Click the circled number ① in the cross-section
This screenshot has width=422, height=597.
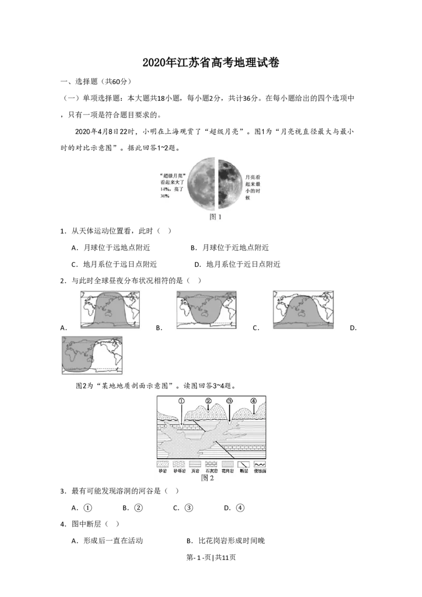(181, 401)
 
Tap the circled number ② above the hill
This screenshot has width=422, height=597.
(208, 401)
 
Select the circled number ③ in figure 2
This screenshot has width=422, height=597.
(229, 401)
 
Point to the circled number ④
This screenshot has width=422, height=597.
(254, 401)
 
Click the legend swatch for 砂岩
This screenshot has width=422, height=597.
(162, 465)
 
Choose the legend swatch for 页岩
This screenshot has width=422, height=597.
(195, 465)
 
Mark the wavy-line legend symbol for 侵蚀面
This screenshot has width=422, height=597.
(260, 465)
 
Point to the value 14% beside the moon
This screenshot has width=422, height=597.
(164, 188)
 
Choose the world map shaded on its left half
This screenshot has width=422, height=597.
(92, 356)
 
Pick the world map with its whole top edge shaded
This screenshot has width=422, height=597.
(207, 310)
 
